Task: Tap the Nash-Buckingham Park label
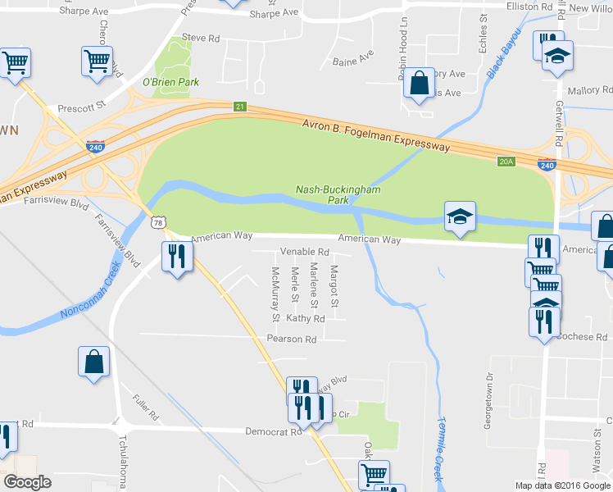(338, 194)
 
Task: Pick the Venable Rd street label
(304, 252)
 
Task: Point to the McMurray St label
(276, 294)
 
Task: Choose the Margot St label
(334, 283)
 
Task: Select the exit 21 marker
(238, 107)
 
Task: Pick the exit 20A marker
(506, 162)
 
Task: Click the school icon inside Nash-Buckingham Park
(459, 216)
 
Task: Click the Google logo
(27, 481)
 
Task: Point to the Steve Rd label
(201, 38)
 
